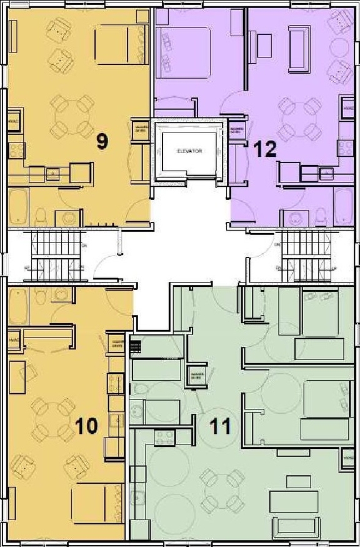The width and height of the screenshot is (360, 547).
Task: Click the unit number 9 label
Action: pyautogui.click(x=102, y=141)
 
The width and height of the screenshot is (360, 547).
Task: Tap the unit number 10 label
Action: pyautogui.click(x=86, y=426)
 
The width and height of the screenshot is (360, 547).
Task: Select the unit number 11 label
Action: pyautogui.click(x=220, y=426)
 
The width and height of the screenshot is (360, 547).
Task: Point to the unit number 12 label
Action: pyautogui.click(x=264, y=150)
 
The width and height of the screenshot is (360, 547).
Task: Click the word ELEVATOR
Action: pyautogui.click(x=189, y=151)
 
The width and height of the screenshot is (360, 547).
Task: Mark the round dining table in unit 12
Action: pyautogui.click(x=297, y=116)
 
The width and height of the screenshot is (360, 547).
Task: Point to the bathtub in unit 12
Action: pyautogui.click(x=343, y=204)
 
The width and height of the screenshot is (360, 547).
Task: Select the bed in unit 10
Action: pyautogui.click(x=97, y=503)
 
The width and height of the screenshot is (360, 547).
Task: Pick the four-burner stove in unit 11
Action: pyautogui.click(x=164, y=438)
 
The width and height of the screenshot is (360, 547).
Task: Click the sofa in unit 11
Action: pyautogui.click(x=294, y=500)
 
